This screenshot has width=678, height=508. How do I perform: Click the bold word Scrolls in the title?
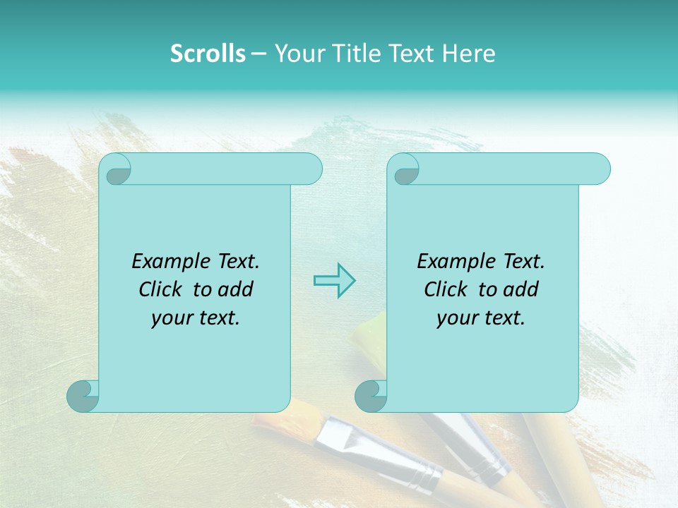208,54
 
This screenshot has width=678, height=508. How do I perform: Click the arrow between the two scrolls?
334,280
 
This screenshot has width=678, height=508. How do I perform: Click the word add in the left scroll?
235,289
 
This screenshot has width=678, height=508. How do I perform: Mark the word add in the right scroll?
521,289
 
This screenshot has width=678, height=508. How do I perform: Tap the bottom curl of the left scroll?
83,395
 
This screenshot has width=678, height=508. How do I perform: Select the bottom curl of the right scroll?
371,395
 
